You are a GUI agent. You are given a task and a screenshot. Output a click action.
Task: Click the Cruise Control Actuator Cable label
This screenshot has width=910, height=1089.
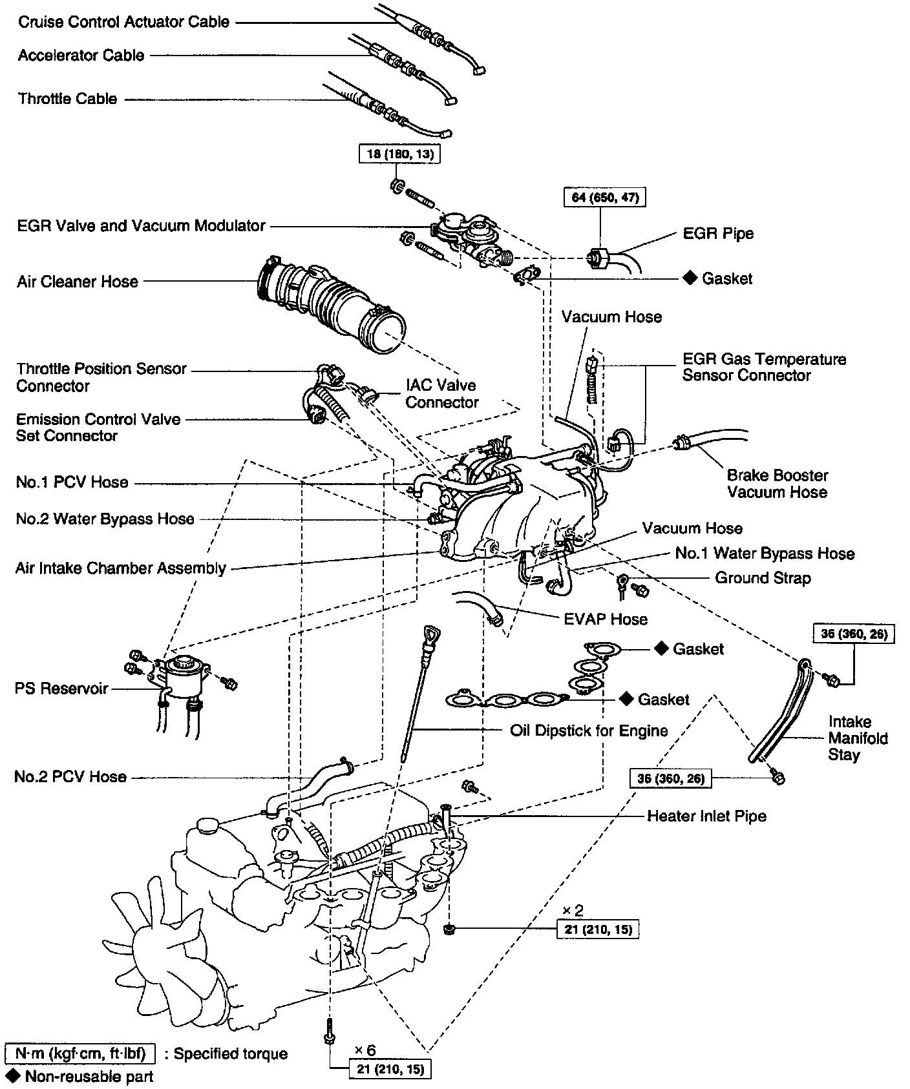tap(123, 22)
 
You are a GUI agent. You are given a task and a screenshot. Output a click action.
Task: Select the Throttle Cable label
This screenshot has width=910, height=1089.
tap(68, 99)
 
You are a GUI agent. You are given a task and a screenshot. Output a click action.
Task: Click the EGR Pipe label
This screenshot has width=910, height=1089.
tap(718, 233)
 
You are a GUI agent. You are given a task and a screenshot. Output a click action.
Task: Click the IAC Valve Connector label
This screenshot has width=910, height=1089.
tap(441, 394)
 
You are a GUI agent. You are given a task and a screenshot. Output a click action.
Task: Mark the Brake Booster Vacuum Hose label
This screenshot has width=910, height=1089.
tap(777, 484)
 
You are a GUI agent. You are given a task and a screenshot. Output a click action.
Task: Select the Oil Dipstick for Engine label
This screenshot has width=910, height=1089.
tap(589, 731)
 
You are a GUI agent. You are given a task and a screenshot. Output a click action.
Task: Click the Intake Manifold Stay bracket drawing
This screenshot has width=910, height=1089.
tap(781, 710)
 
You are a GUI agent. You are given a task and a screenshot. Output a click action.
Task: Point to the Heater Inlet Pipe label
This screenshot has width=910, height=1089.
tap(706, 816)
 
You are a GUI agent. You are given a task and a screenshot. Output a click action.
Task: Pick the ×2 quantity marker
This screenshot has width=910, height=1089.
tap(572, 910)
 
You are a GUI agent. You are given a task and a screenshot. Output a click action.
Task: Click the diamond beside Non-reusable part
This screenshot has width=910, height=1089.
tap(12, 1075)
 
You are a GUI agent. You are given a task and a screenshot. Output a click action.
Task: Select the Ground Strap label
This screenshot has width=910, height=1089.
tap(763, 578)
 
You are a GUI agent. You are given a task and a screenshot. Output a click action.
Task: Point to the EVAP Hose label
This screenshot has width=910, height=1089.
tap(605, 619)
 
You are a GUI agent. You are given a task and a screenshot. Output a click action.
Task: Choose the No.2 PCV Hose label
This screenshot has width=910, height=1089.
tap(70, 776)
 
